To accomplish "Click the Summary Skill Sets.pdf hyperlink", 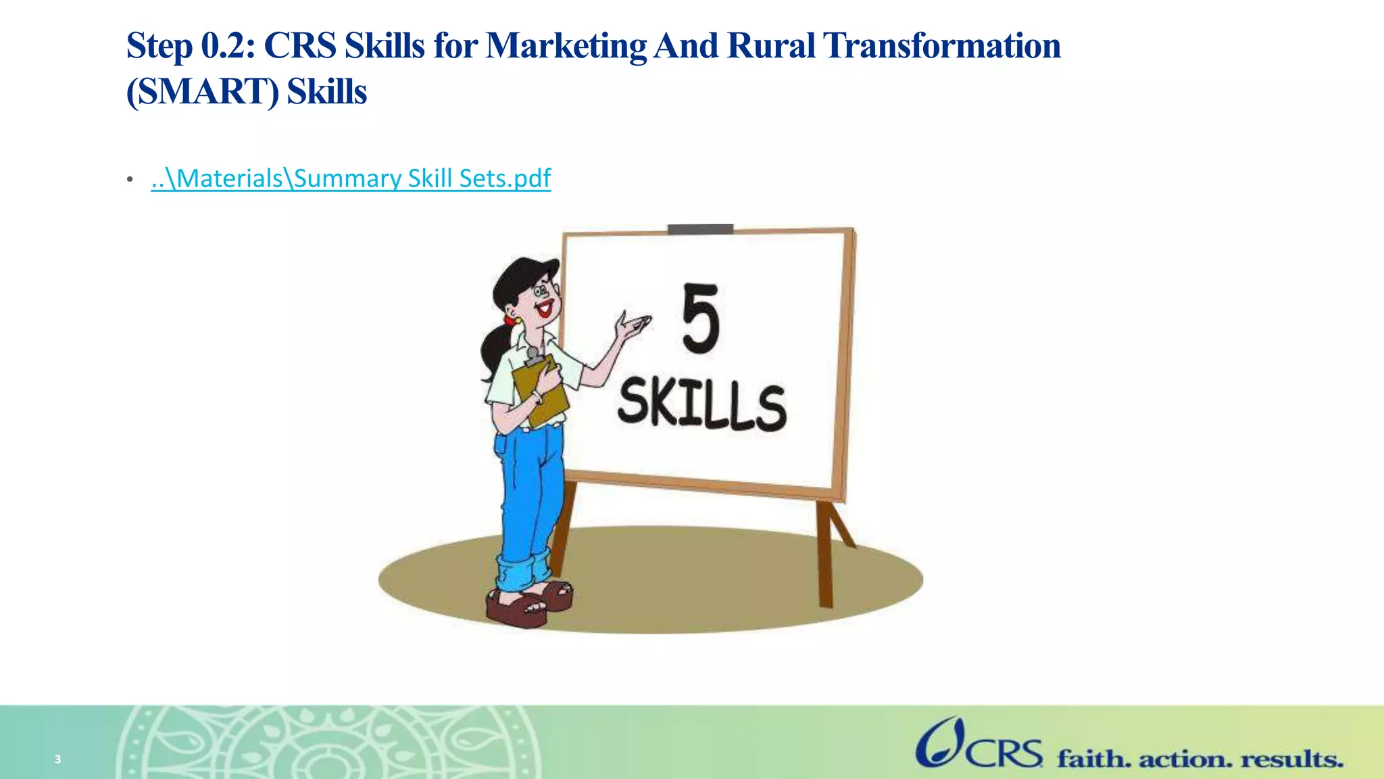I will click(351, 179).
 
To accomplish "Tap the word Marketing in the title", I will click(566, 46).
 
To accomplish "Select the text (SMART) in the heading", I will click(202, 91).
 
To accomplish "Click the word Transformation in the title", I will click(941, 46).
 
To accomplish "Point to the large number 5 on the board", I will click(700, 318).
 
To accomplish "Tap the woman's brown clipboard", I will click(541, 391).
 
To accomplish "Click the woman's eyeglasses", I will click(542, 291).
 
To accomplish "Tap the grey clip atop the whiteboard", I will click(700, 229).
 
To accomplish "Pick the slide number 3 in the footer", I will click(58, 759).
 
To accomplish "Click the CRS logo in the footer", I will click(979, 745).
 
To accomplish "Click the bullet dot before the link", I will click(130, 180).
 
